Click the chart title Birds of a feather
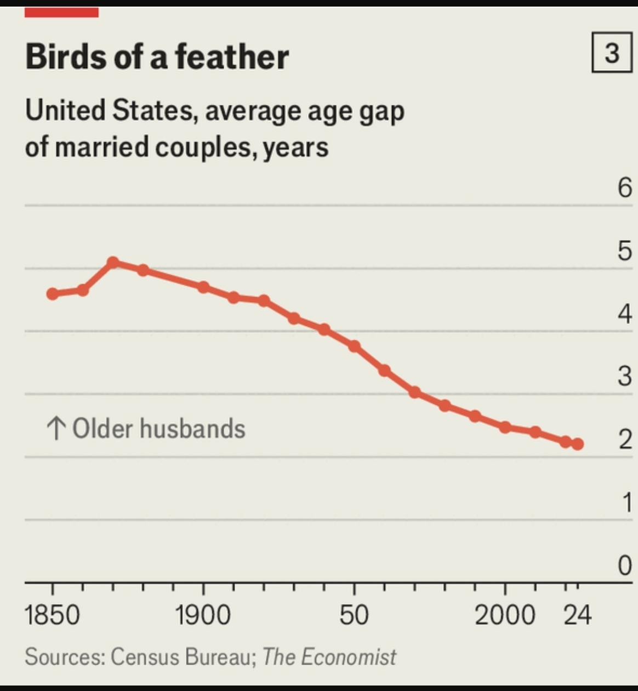point(157,56)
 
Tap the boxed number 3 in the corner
point(612,53)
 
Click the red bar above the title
point(61,12)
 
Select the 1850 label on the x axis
point(53,614)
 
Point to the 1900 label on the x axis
point(203,614)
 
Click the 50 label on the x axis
point(354,614)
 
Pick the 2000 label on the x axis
point(504,614)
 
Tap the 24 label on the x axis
point(578,614)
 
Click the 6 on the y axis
point(625,188)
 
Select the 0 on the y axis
point(625,565)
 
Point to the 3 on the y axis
point(625,377)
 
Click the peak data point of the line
point(113,263)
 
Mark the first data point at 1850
point(53,294)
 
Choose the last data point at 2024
point(577,444)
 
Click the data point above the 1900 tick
point(203,287)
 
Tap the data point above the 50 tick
point(354,347)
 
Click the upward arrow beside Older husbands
point(56,428)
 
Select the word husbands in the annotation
point(192,428)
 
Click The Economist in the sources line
point(329,656)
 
